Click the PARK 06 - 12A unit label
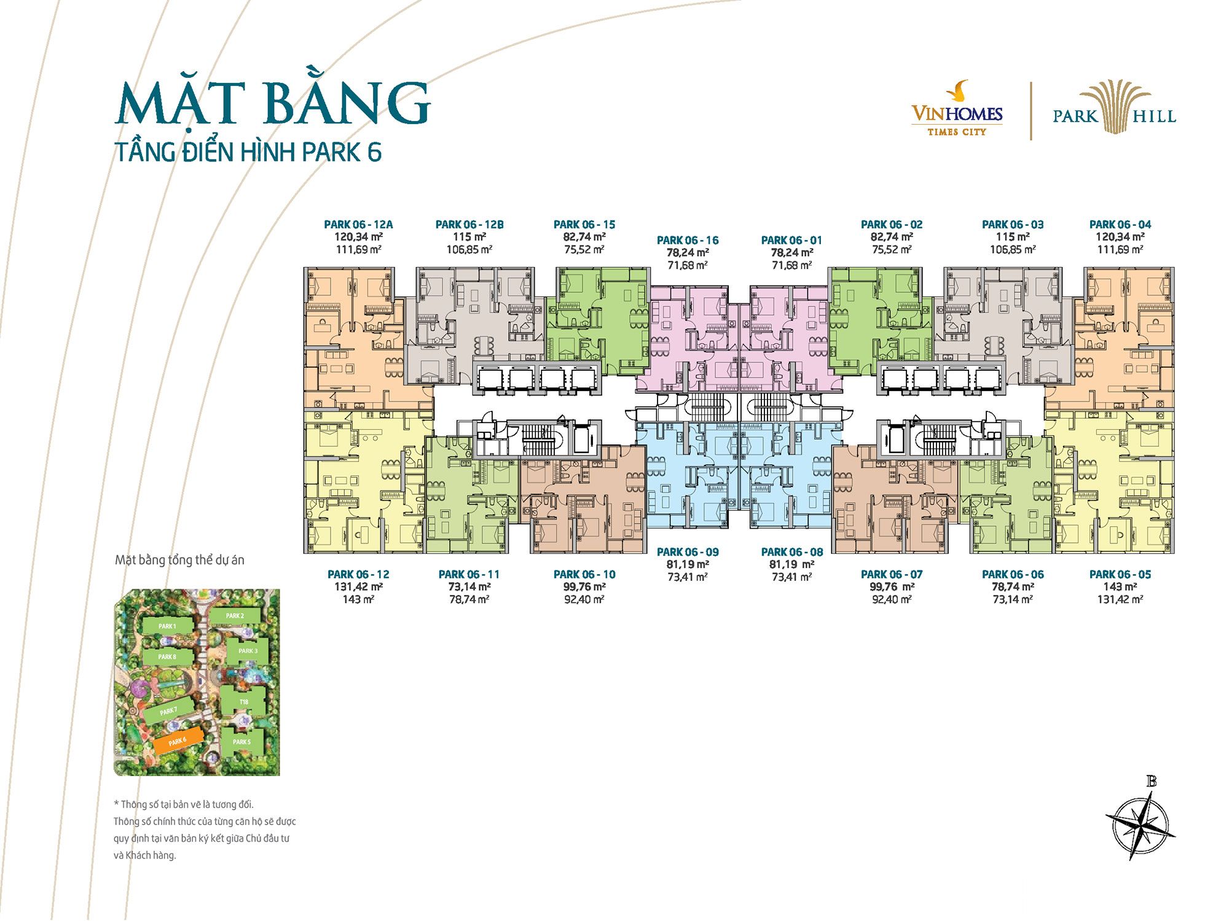pos(358,225)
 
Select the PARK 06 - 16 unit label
pos(688,241)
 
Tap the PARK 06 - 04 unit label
pos(1120,225)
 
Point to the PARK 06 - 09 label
pos(688,552)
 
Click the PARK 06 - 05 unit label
pos(1120,575)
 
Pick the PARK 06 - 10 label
pos(584,575)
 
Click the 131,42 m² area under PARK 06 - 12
pos(358,587)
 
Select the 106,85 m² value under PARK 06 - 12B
pos(469,250)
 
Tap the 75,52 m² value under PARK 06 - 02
pos(892,250)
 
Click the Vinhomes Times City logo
pos(957,111)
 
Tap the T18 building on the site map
pos(244,702)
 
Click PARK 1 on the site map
pos(167,626)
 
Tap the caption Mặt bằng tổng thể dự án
pos(179,560)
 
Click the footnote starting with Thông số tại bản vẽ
pos(205,830)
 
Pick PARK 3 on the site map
pos(248,651)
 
